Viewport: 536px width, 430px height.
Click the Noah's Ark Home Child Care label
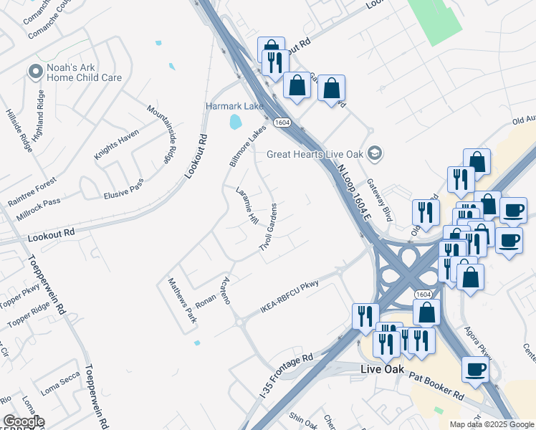coord(84,73)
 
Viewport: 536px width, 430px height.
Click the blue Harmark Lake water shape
coord(235,122)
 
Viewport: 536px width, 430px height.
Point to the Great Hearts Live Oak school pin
coord(373,153)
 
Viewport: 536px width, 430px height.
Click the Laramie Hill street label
coord(247,206)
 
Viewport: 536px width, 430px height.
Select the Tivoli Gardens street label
coord(268,226)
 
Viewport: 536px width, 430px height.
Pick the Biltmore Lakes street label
coord(248,145)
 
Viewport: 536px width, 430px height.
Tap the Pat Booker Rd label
coord(436,386)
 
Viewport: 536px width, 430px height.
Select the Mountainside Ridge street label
coord(161,133)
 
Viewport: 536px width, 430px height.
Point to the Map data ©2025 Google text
coord(492,424)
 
